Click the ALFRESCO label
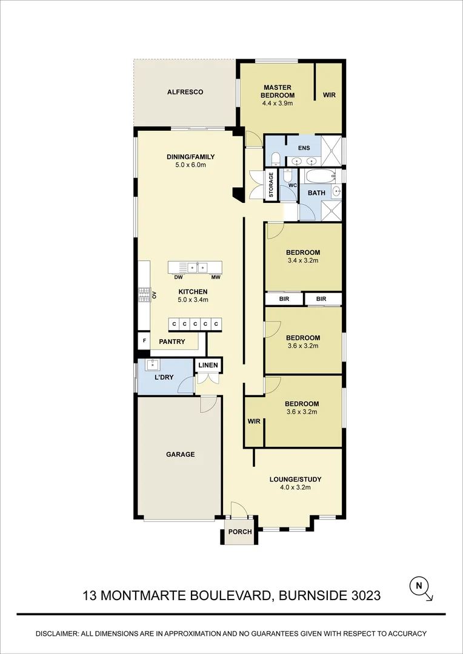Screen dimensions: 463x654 coord(185,92)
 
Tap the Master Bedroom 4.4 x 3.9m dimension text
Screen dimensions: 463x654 coord(277,103)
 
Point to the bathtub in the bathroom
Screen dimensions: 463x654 coord(320,176)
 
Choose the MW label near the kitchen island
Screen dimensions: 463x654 coord(216,277)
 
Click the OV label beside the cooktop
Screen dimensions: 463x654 coord(154,296)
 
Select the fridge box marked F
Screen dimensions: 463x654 coord(144,341)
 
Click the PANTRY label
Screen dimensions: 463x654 coord(172,342)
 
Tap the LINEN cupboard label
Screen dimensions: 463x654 coord(208,365)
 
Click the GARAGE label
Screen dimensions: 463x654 coord(181,454)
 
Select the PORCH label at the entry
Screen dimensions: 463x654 coord(239,532)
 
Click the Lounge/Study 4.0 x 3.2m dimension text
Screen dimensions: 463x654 coord(295,487)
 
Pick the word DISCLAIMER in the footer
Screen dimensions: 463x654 coord(57,633)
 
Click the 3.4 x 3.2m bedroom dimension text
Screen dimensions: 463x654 coord(303,260)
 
